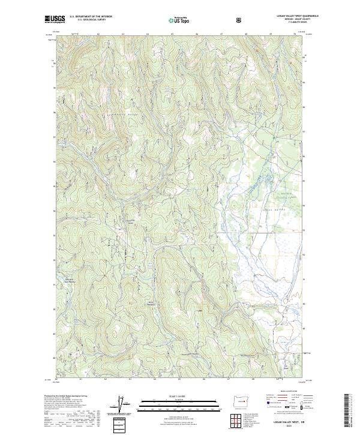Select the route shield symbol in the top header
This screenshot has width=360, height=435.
coord(241,20)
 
